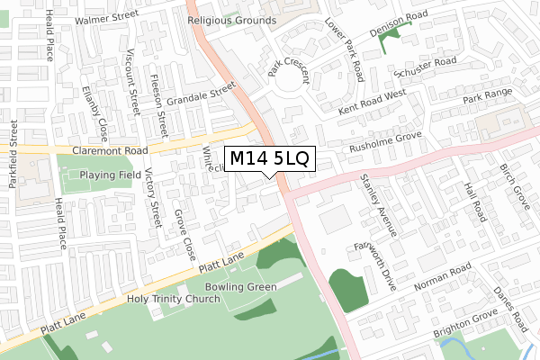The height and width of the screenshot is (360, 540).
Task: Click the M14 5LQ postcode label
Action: tap(269, 158)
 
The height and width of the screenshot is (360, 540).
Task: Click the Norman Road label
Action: tap(443, 278)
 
